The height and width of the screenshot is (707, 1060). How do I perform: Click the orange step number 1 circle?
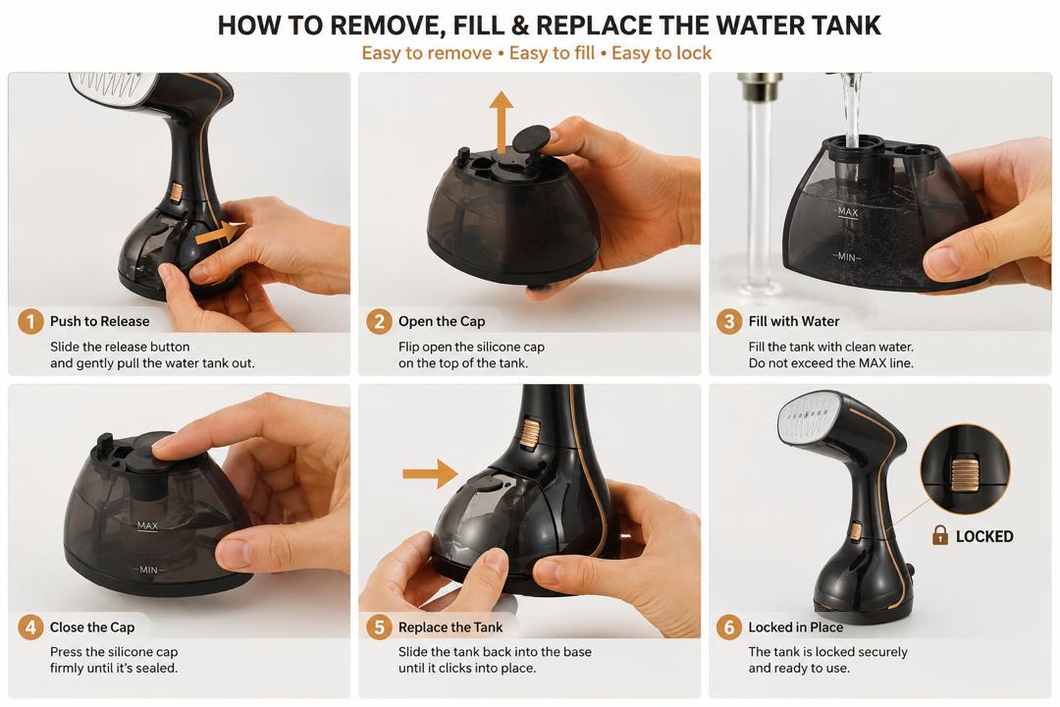click(x=30, y=321)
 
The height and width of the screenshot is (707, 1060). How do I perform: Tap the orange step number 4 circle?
click(x=30, y=627)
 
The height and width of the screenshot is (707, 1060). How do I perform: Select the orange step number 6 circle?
click(x=728, y=627)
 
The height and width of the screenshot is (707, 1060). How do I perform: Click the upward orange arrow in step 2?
click(x=501, y=123)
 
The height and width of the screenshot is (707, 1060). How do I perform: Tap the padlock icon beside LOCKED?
click(x=939, y=535)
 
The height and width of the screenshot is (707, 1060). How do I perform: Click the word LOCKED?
click(x=984, y=536)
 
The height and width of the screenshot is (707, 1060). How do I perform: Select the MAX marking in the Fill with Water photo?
click(x=848, y=212)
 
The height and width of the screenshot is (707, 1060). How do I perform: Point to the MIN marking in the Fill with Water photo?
click(x=846, y=257)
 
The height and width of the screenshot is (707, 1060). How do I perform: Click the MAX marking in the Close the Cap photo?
click(x=147, y=525)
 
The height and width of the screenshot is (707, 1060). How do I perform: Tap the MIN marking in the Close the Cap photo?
click(x=148, y=571)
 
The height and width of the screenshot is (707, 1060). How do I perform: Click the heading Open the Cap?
click(x=442, y=321)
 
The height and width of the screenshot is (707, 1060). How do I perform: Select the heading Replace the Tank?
click(x=450, y=627)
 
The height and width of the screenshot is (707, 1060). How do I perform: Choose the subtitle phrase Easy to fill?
click(x=552, y=53)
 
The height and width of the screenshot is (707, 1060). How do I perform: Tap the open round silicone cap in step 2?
click(x=531, y=140)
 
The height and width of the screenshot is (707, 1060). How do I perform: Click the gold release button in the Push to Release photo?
click(x=177, y=192)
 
